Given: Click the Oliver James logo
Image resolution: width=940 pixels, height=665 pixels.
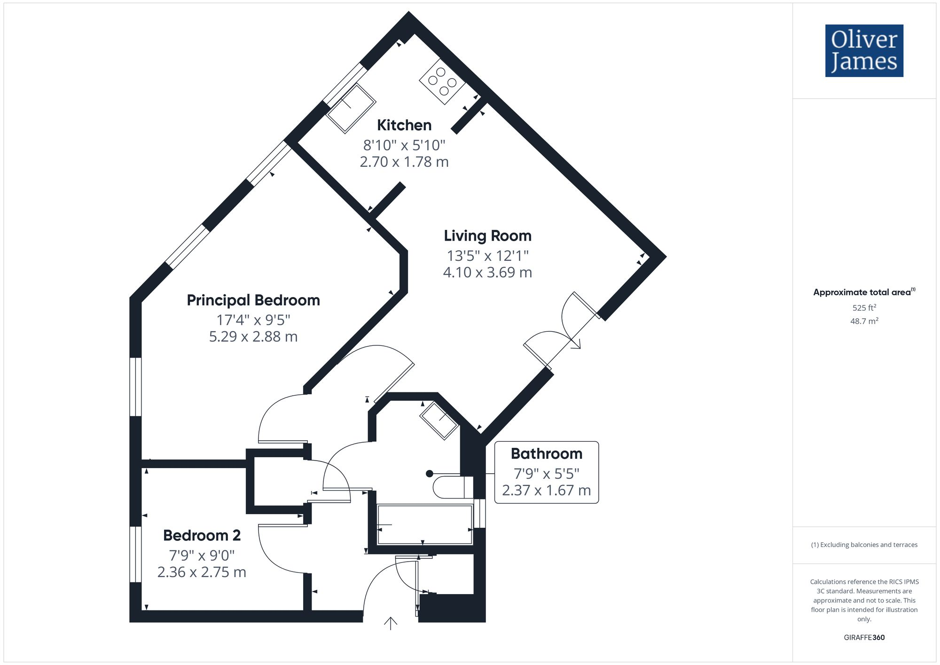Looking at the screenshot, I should (x=864, y=51).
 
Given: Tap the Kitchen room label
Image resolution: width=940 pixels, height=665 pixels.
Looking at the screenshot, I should (x=404, y=125).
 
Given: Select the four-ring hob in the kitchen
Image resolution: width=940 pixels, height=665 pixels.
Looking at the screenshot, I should (x=442, y=81).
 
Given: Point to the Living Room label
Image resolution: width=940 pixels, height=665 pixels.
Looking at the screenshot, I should (x=487, y=235).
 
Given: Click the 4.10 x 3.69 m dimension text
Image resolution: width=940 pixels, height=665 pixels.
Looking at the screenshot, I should (x=487, y=272).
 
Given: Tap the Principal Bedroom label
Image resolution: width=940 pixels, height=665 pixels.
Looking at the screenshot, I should (x=253, y=300).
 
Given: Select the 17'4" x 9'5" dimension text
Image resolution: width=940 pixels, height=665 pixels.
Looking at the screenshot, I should (x=253, y=320).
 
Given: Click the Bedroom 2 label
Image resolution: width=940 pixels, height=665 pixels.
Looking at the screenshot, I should (x=202, y=535).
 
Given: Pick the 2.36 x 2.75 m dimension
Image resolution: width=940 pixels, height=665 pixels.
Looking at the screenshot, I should (x=202, y=572).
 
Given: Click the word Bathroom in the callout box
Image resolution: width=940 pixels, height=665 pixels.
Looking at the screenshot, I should (x=546, y=454).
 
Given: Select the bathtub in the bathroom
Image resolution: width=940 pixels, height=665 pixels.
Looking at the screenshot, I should (x=424, y=524).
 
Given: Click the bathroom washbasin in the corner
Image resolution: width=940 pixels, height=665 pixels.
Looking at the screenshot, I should (x=439, y=421).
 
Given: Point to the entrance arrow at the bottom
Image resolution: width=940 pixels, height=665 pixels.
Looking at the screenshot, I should (x=391, y=623).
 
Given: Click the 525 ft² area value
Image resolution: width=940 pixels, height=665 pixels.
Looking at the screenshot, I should (x=864, y=308).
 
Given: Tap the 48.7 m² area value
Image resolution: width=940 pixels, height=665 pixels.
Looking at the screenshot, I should (x=864, y=321).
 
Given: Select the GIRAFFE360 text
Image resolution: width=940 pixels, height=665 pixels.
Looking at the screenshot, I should (x=864, y=637).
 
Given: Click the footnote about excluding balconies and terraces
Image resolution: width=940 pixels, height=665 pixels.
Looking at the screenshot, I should (x=864, y=545).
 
